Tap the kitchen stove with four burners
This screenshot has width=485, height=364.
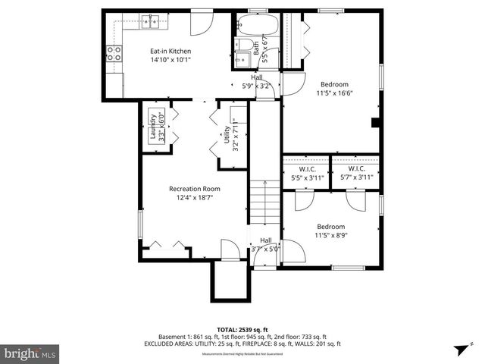[114, 53]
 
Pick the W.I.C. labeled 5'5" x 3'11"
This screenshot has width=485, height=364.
[307, 173]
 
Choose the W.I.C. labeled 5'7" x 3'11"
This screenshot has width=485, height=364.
[355, 173]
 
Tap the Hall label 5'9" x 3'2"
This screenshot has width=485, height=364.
[257, 82]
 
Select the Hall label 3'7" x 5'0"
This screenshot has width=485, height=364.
[266, 244]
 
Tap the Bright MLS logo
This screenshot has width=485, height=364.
[30, 354]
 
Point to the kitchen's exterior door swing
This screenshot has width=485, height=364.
[201, 23]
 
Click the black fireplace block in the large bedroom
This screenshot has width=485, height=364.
[374, 123]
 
